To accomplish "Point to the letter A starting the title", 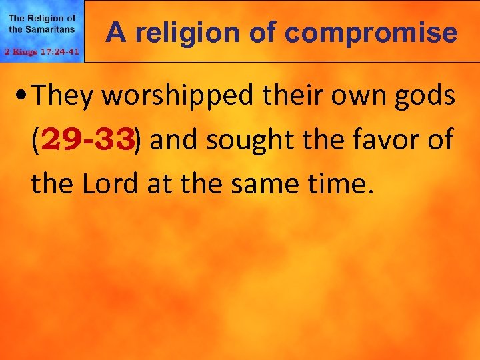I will [x=115, y=32].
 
